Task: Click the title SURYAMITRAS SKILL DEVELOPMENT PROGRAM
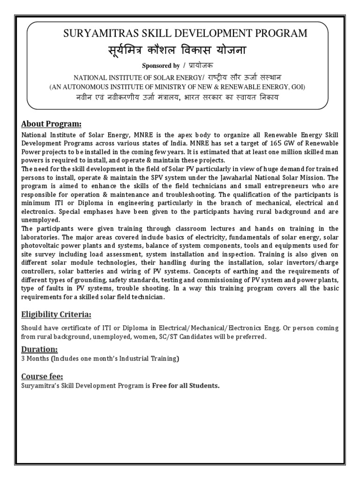(185, 33)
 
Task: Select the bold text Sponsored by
(161, 66)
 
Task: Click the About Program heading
(52, 124)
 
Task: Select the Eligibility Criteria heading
(56, 314)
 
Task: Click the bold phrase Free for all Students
(186, 385)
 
